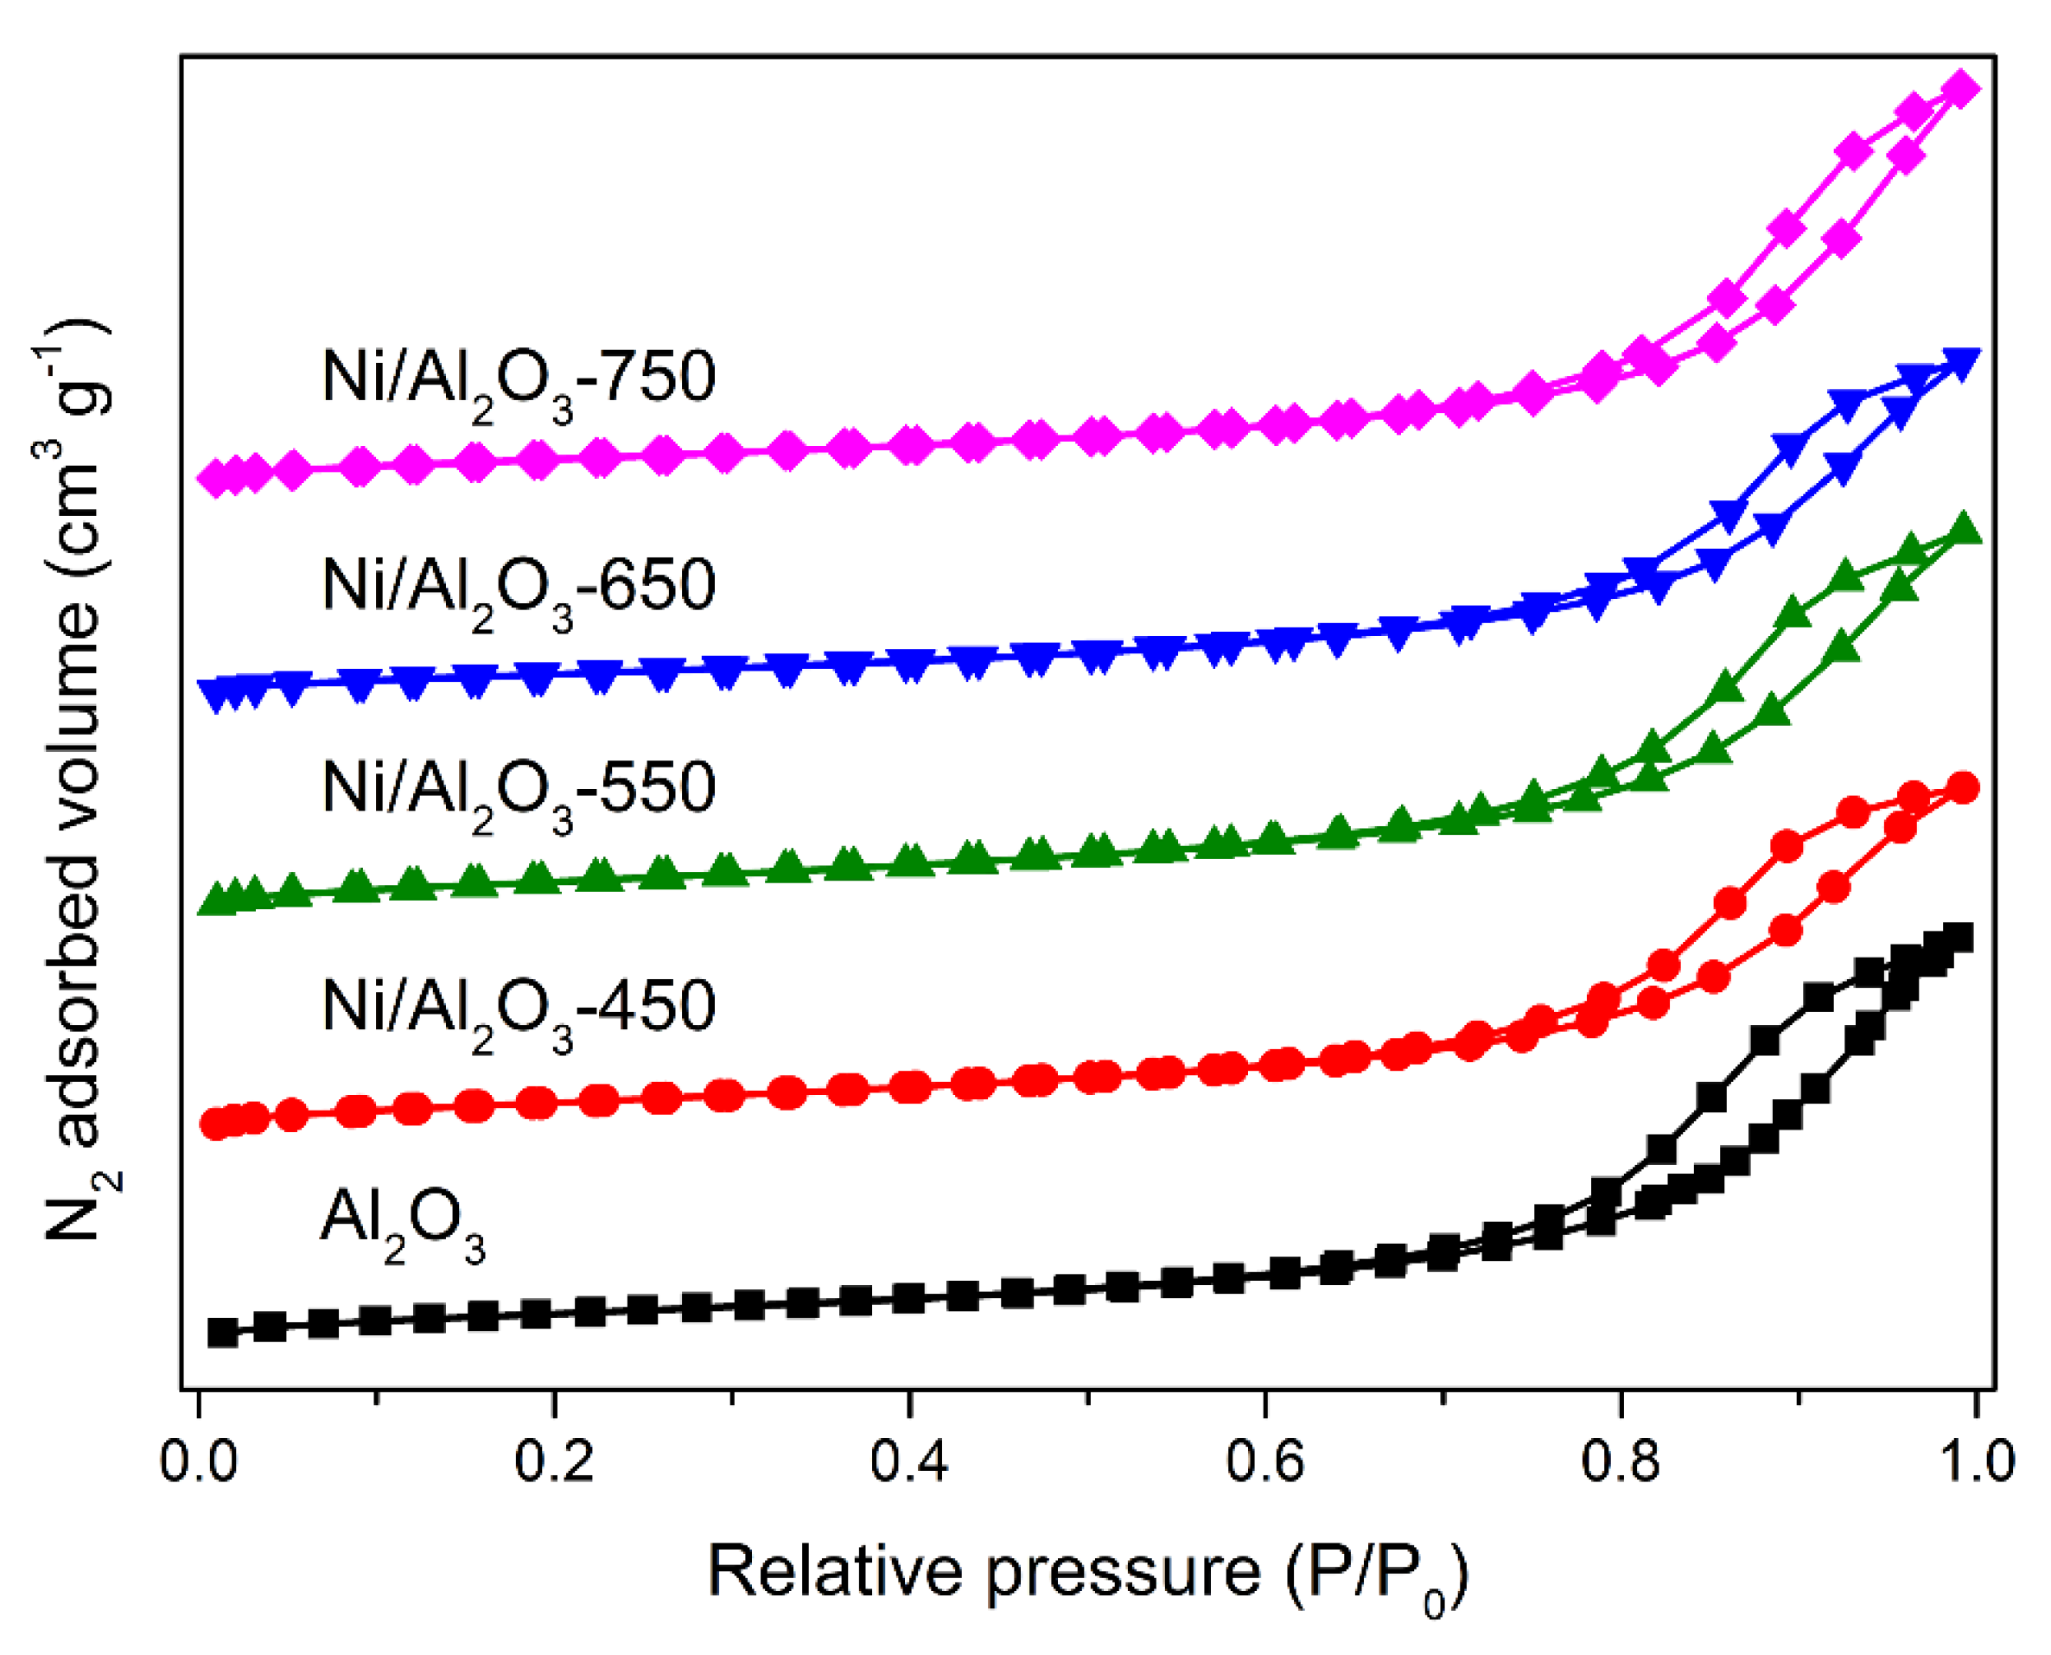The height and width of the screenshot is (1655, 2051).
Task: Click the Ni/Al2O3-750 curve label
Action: click(519, 382)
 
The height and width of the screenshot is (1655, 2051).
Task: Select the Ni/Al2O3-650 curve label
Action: click(519, 590)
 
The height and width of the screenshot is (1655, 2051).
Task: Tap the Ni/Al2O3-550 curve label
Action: click(519, 793)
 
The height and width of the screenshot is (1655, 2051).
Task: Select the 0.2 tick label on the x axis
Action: click(554, 1461)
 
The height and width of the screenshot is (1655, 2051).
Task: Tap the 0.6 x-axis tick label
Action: click(1264, 1461)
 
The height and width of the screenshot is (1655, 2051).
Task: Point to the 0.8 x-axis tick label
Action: click(1620, 1461)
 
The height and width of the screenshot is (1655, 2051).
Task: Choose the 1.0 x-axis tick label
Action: click(1975, 1461)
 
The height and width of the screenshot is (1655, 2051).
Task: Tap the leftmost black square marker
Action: click(222, 1332)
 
